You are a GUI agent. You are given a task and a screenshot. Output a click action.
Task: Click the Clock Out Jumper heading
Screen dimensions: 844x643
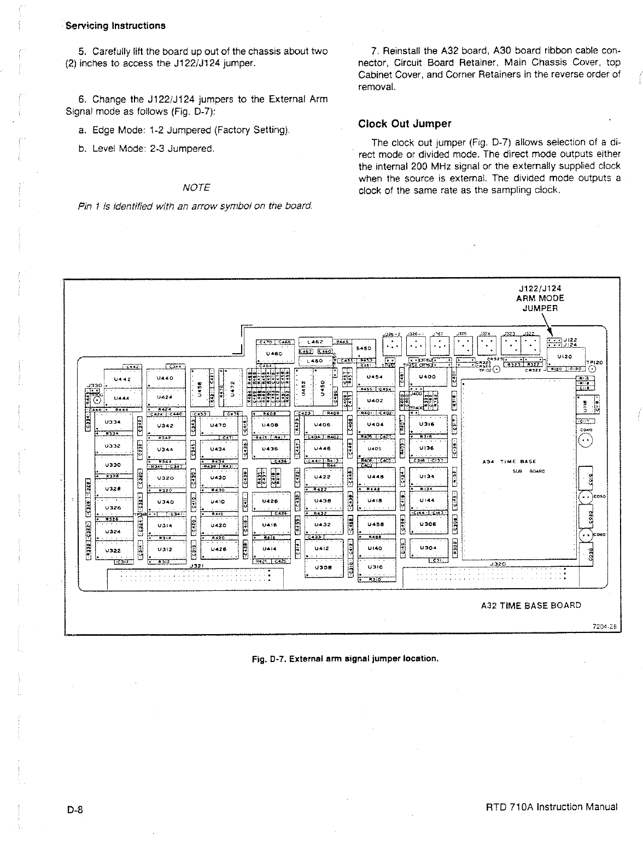click(405, 124)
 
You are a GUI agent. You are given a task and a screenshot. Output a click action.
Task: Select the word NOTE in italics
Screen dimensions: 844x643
click(196, 187)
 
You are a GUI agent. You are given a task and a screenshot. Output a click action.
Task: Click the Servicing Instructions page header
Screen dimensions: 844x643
click(115, 26)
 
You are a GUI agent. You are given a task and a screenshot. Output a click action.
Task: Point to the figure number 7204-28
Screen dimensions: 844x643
click(605, 628)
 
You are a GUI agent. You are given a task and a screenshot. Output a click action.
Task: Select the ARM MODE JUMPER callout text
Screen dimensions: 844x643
click(540, 298)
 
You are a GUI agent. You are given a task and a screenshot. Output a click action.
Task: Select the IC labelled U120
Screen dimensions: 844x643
click(564, 356)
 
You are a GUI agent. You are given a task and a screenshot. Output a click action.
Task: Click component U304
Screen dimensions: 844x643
click(428, 547)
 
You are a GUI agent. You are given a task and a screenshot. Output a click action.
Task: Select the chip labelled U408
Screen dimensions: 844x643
click(271, 424)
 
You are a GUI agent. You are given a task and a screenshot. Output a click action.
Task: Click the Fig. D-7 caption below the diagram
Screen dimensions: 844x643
click(345, 658)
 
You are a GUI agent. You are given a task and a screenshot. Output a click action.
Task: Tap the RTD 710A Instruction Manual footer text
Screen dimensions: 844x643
click(552, 807)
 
